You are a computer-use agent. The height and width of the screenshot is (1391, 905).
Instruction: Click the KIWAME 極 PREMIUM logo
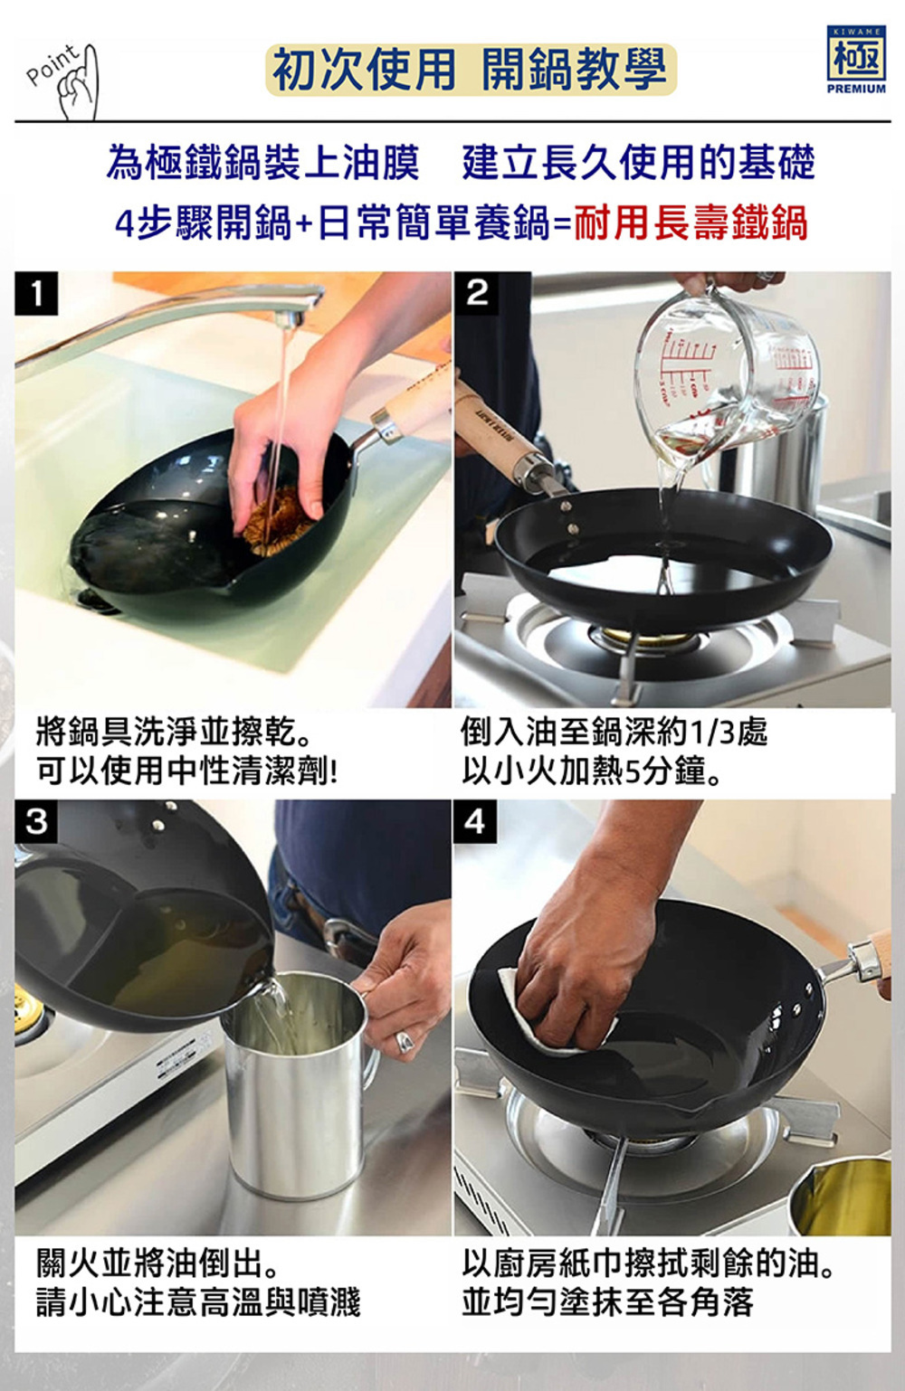pos(856,60)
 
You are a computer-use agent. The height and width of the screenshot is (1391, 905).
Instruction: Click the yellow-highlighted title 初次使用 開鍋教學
pos(471,70)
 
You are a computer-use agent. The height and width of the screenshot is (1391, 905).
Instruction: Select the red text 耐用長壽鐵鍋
pos(690,222)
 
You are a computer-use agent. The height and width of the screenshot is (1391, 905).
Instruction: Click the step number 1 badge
pos(36,293)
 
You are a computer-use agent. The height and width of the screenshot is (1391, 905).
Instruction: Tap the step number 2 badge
pos(476,293)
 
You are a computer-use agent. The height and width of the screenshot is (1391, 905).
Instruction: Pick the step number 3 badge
pos(36,821)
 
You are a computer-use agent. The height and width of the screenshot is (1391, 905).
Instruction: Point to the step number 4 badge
pos(475,821)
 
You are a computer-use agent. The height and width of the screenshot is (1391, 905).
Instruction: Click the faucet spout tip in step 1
pos(287,320)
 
